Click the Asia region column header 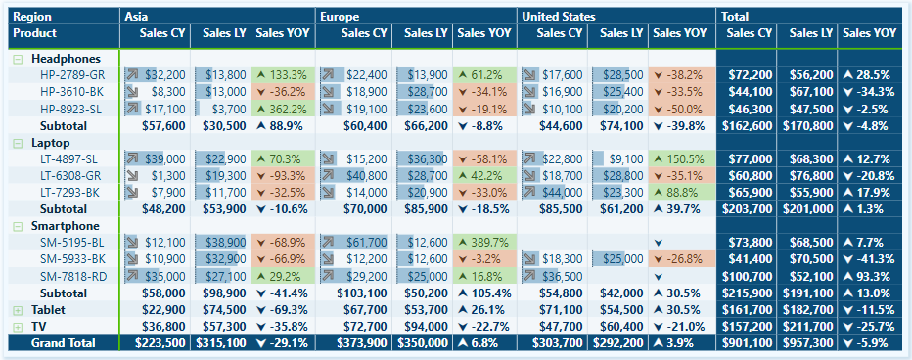coord(136,17)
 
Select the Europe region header coord(341,17)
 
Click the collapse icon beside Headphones coord(17,60)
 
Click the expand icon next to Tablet coord(17,309)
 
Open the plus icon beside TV coord(17,326)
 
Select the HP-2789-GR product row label coord(71,74)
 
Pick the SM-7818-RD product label coord(71,276)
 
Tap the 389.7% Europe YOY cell coord(483,242)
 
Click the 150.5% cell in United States coord(681,158)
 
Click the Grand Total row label coord(63,343)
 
